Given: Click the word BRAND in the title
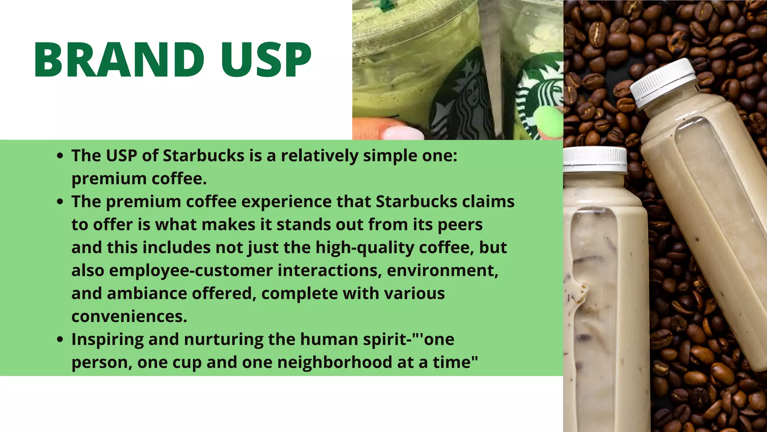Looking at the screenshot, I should pyautogui.click(x=119, y=60).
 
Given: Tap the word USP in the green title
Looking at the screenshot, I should pyautogui.click(x=266, y=60).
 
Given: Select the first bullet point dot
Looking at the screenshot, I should pyautogui.click(x=60, y=156).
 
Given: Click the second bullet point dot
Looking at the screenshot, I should pyautogui.click(x=60, y=202).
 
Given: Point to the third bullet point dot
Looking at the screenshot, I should pyautogui.click(x=60, y=339).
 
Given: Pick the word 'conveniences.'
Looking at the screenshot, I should pyautogui.click(x=129, y=316).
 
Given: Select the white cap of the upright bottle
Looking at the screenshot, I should pyautogui.click(x=595, y=159).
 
